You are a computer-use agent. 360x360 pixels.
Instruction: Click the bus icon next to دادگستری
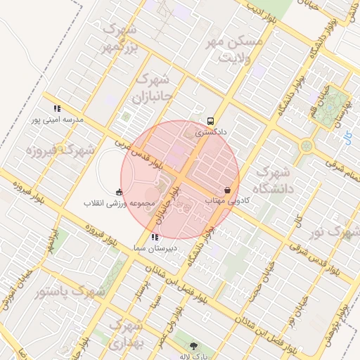tap(211, 120)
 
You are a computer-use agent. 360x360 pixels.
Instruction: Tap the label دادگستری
tap(211, 131)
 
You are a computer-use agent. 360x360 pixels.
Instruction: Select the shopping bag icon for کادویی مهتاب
tap(228, 190)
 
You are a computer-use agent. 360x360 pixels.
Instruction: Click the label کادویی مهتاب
tap(228, 200)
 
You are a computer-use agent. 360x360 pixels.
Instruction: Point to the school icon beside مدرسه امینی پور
tap(57, 109)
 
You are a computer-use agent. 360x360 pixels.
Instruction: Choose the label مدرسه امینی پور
tap(56, 120)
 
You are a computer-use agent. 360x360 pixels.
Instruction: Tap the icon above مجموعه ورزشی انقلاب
tap(118, 192)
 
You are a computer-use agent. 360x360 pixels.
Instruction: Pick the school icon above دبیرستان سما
tap(155, 238)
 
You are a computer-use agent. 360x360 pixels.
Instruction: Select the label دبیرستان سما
tap(155, 248)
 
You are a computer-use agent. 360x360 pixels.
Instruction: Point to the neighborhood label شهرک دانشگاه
tap(277, 180)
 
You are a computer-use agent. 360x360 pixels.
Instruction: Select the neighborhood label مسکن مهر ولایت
tap(233, 49)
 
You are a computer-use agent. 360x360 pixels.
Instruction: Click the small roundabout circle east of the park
tap(307, 147)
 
